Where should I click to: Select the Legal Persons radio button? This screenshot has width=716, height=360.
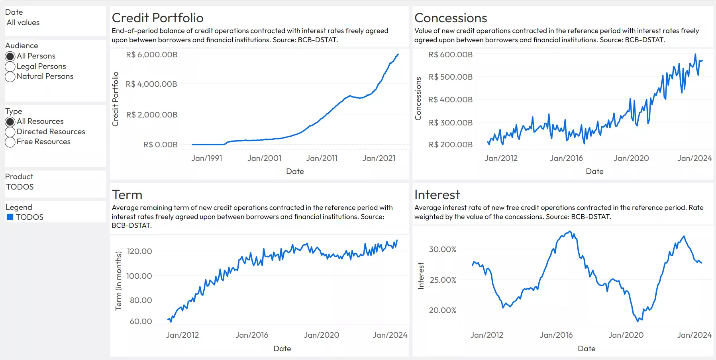[x=10, y=67]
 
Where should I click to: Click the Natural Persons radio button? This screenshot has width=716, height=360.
[x=10, y=76]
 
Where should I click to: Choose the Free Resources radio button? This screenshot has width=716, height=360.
[x=10, y=142]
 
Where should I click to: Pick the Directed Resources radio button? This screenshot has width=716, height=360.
[x=10, y=132]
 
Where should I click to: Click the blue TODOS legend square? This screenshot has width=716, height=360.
[x=10, y=217]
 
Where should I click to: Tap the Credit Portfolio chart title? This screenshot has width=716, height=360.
[x=157, y=18]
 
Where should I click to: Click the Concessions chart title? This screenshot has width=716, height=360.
[x=451, y=18]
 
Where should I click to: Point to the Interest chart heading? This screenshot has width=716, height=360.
[x=437, y=195]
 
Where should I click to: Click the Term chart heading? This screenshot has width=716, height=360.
[x=127, y=195]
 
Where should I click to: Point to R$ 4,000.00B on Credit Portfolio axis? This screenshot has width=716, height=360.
[x=151, y=84]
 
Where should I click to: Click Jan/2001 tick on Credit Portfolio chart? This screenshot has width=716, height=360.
[x=265, y=158]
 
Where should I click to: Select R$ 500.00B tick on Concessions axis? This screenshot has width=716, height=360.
[x=450, y=77]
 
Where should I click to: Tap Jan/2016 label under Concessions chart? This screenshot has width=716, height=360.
[x=566, y=158]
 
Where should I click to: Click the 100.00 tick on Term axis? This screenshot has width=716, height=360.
[x=139, y=276]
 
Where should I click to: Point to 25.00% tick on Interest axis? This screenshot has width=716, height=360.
[x=443, y=280]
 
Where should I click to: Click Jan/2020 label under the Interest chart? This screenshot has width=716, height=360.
[x=626, y=335]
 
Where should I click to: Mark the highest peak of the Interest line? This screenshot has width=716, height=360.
[x=570, y=231]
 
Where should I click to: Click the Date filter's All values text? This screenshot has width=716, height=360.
[x=23, y=23]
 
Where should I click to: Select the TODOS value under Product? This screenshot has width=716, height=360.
[x=20, y=187]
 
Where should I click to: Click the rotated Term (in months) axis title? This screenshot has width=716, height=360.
[x=118, y=280]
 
